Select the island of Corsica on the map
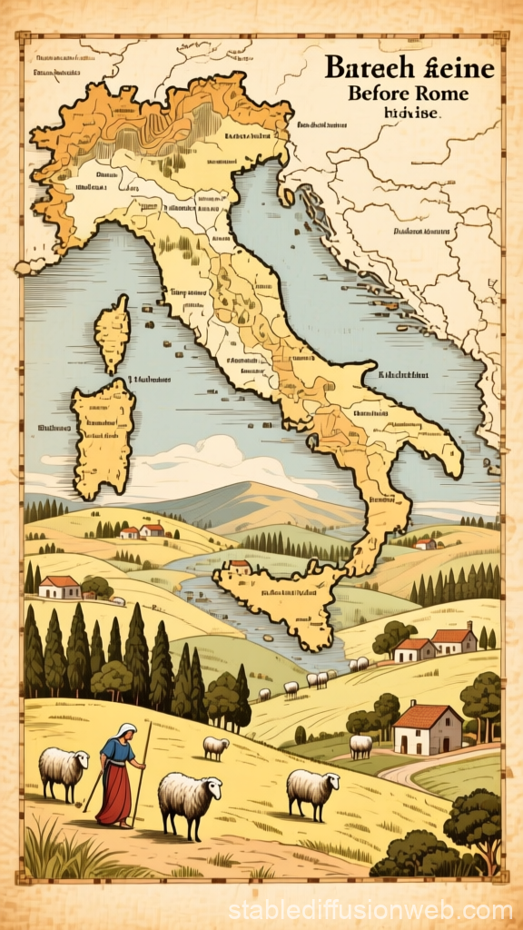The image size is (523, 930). (113, 331)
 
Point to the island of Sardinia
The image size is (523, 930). (103, 437)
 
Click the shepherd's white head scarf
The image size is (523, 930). (126, 730)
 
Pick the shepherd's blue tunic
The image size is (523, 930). (119, 754)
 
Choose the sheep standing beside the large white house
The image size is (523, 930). (360, 745)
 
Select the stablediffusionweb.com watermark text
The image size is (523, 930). (370, 909)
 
